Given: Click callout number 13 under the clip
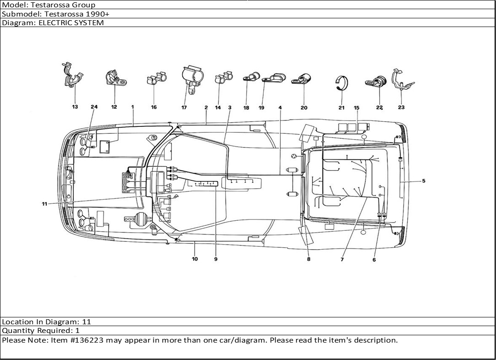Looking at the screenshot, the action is tap(75, 107).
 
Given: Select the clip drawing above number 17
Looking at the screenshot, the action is tap(192, 79).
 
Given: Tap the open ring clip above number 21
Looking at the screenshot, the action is tap(342, 83).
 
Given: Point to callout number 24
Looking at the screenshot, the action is tap(94, 107).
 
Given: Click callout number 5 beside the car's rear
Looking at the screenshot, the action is tap(424, 181).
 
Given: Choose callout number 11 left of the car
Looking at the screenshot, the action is tap(44, 204).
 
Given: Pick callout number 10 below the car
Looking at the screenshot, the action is tap(195, 259).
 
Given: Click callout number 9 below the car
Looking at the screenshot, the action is tap(216, 259).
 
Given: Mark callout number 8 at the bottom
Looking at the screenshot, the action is tap(309, 259).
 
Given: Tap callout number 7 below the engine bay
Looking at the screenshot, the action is tap(342, 259).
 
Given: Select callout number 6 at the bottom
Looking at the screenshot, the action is tap(374, 260).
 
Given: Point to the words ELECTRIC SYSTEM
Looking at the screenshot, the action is tap(71, 23).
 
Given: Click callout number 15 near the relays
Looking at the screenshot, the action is tap(356, 108).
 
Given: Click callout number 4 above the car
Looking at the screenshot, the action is tap(280, 108).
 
